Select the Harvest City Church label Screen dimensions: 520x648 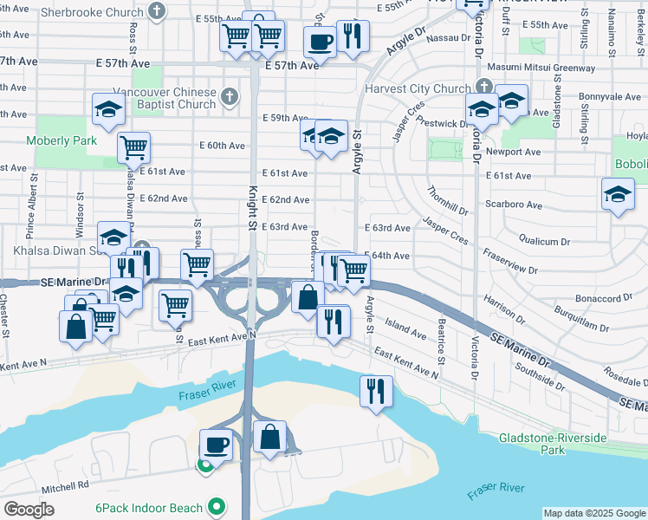tap(418, 88)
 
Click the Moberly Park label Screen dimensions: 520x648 tap(62, 140)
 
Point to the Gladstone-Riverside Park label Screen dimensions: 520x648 tap(553, 444)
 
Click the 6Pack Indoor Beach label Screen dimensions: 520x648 tap(149, 507)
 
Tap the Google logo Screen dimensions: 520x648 tap(29, 510)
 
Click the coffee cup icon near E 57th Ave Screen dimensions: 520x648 tap(320, 41)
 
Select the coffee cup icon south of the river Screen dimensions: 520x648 tap(217, 445)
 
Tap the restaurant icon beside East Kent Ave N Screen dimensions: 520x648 tap(376, 390)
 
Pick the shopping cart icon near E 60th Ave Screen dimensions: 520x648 tap(133, 147)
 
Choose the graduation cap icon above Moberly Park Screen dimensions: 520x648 tap(108, 109)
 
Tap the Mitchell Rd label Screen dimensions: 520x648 tap(61, 487)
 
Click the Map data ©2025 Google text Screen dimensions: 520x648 tap(593, 513)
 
